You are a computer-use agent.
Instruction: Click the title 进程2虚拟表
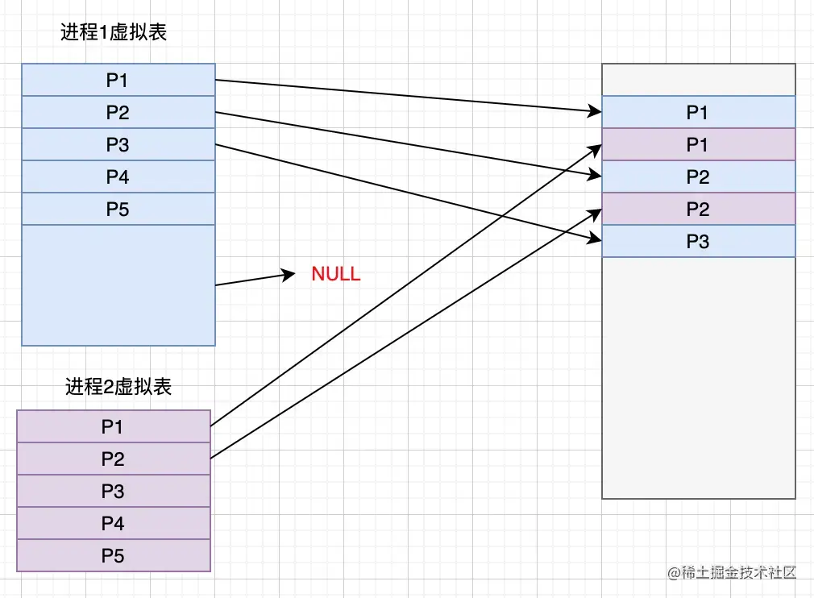click(x=118, y=387)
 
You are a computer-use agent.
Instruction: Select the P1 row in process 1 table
click(x=118, y=80)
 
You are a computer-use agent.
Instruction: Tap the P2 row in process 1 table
click(x=118, y=112)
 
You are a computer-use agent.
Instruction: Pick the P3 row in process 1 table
click(x=118, y=144)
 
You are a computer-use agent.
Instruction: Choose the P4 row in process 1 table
click(x=118, y=176)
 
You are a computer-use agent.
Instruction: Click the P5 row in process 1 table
click(x=118, y=209)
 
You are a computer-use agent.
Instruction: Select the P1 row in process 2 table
click(x=114, y=426)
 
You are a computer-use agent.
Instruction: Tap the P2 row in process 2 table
click(x=114, y=459)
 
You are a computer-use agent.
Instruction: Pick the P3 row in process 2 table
click(x=114, y=491)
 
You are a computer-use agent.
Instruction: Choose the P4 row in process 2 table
click(x=114, y=523)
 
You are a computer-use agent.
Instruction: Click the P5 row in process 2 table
click(x=114, y=555)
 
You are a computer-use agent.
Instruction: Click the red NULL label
click(x=336, y=274)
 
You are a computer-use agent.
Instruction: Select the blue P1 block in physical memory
click(x=698, y=112)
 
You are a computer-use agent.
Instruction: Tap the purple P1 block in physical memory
click(x=698, y=144)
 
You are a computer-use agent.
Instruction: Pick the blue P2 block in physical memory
click(x=698, y=176)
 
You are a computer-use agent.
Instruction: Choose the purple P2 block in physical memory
click(x=698, y=209)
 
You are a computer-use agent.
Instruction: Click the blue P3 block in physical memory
click(x=698, y=241)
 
